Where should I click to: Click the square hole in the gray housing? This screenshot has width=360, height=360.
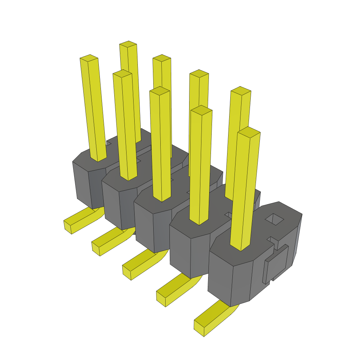(274, 219)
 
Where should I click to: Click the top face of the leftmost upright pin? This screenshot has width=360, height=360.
(89, 58)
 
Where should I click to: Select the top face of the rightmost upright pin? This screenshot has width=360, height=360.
(249, 132)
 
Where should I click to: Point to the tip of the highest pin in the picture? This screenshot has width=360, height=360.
(128, 44)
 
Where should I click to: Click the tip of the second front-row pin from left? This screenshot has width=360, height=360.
(122, 73)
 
